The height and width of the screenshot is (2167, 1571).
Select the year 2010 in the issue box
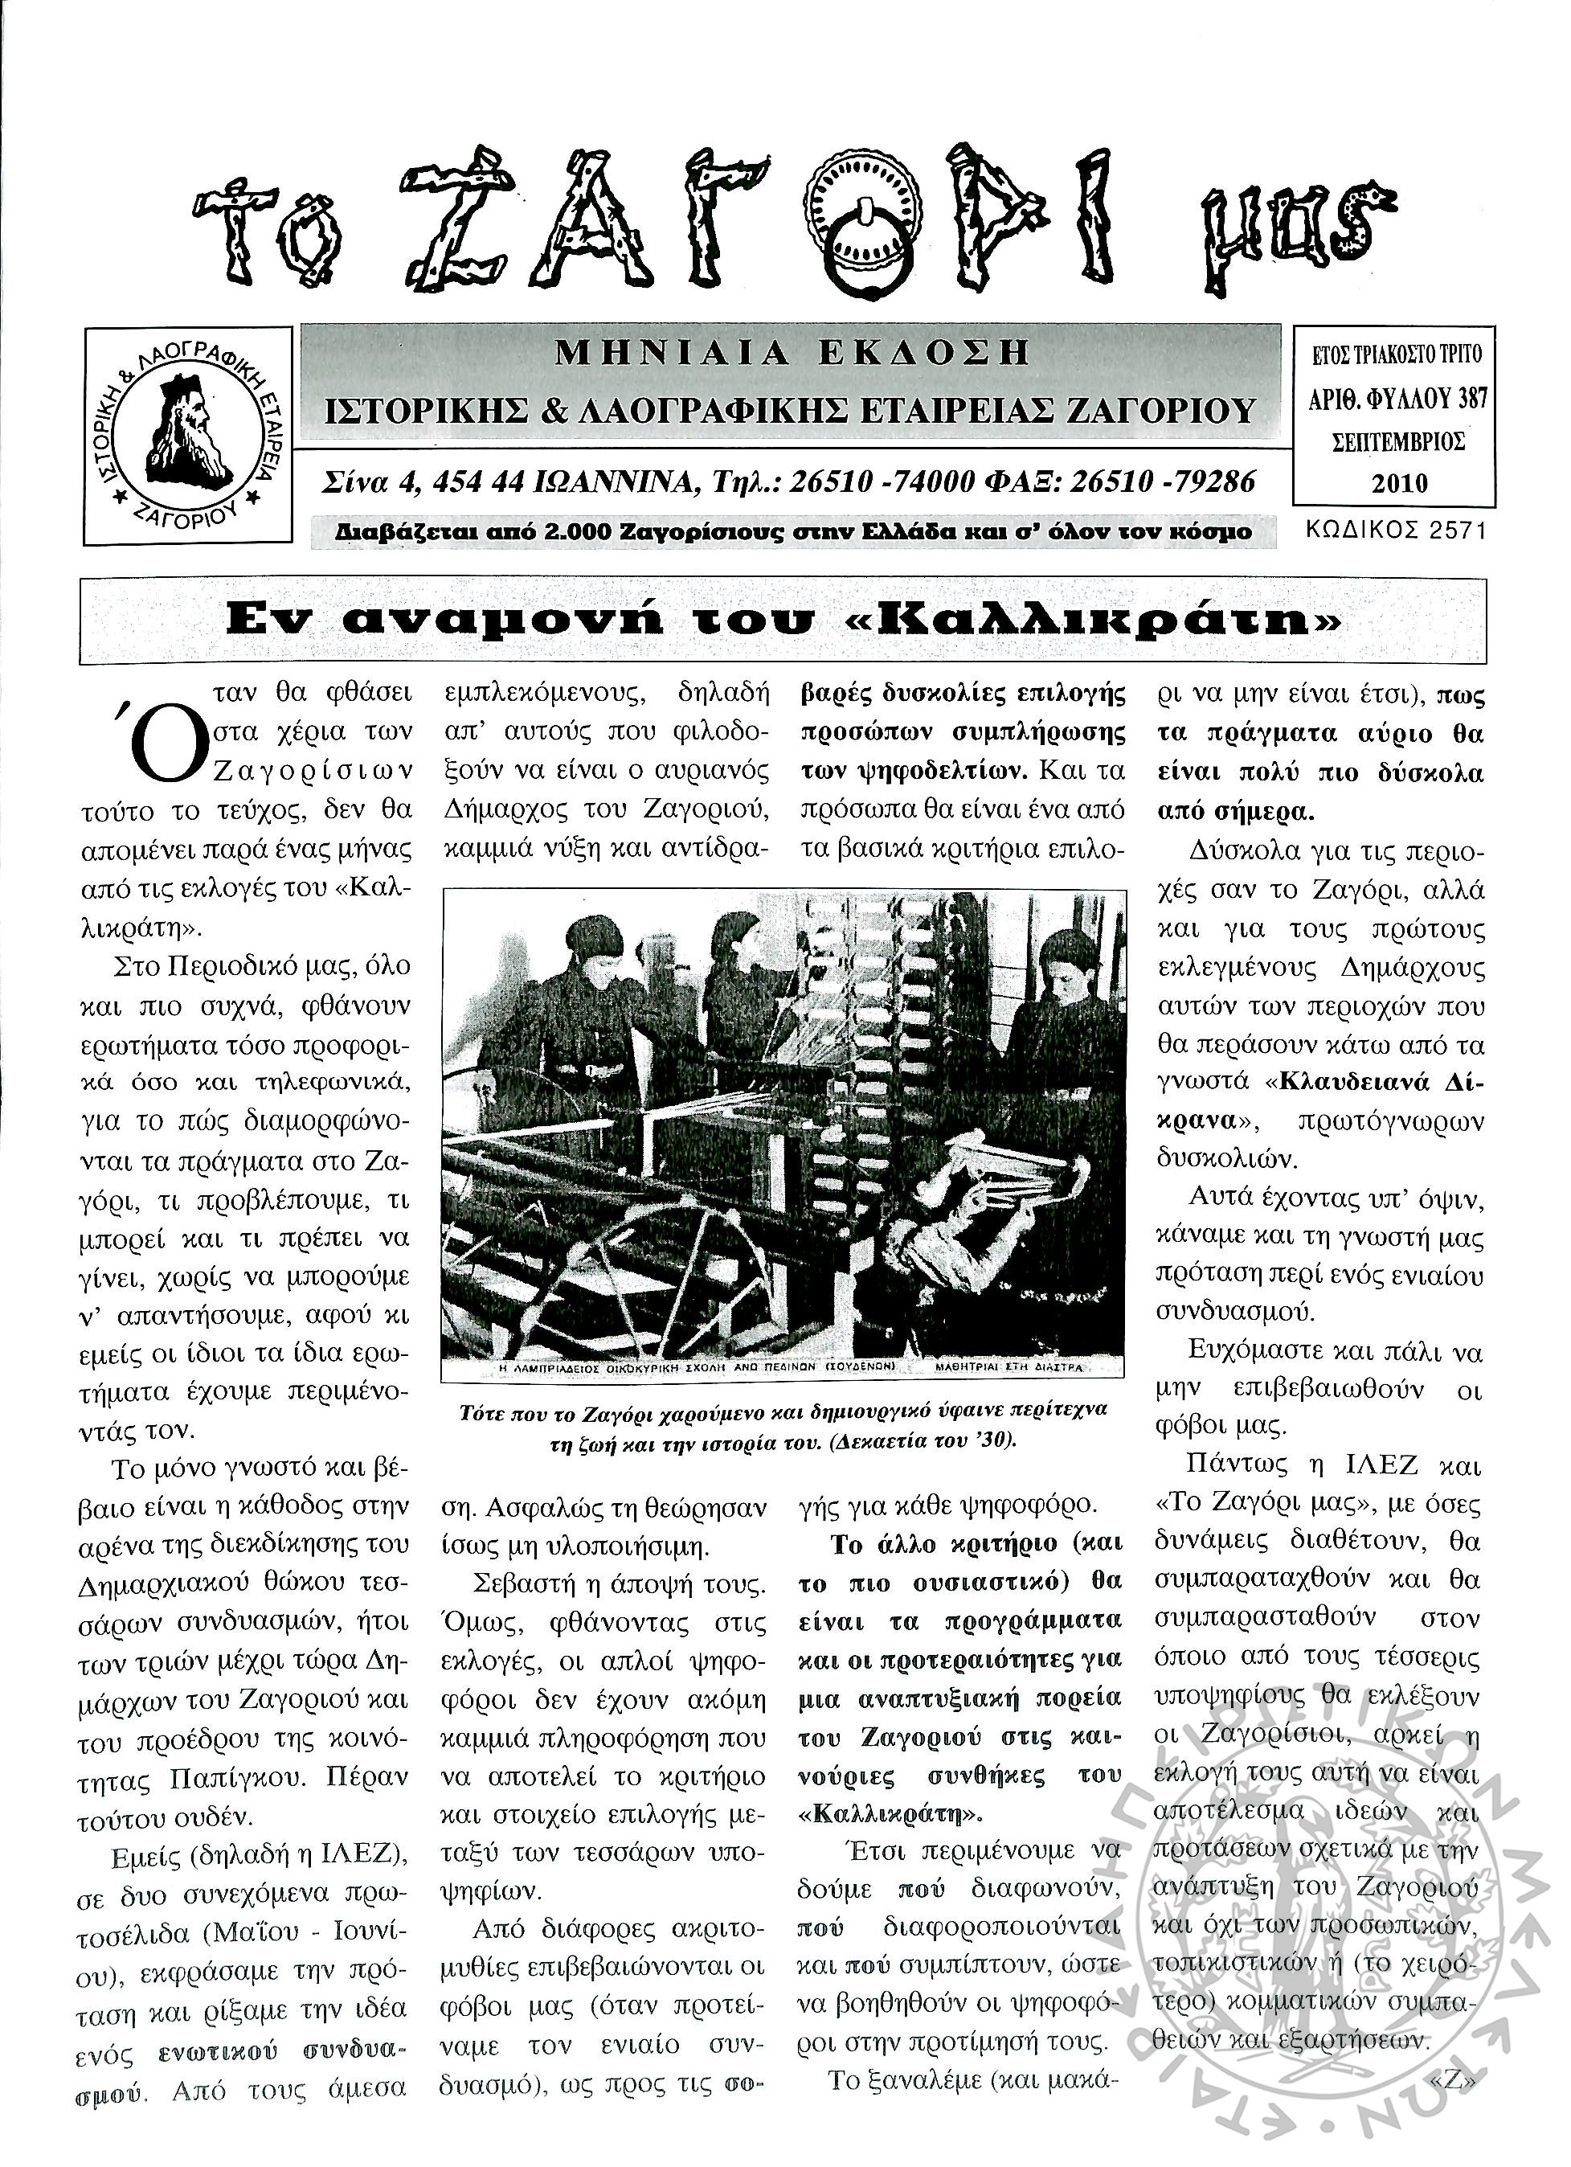[1399, 482]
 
